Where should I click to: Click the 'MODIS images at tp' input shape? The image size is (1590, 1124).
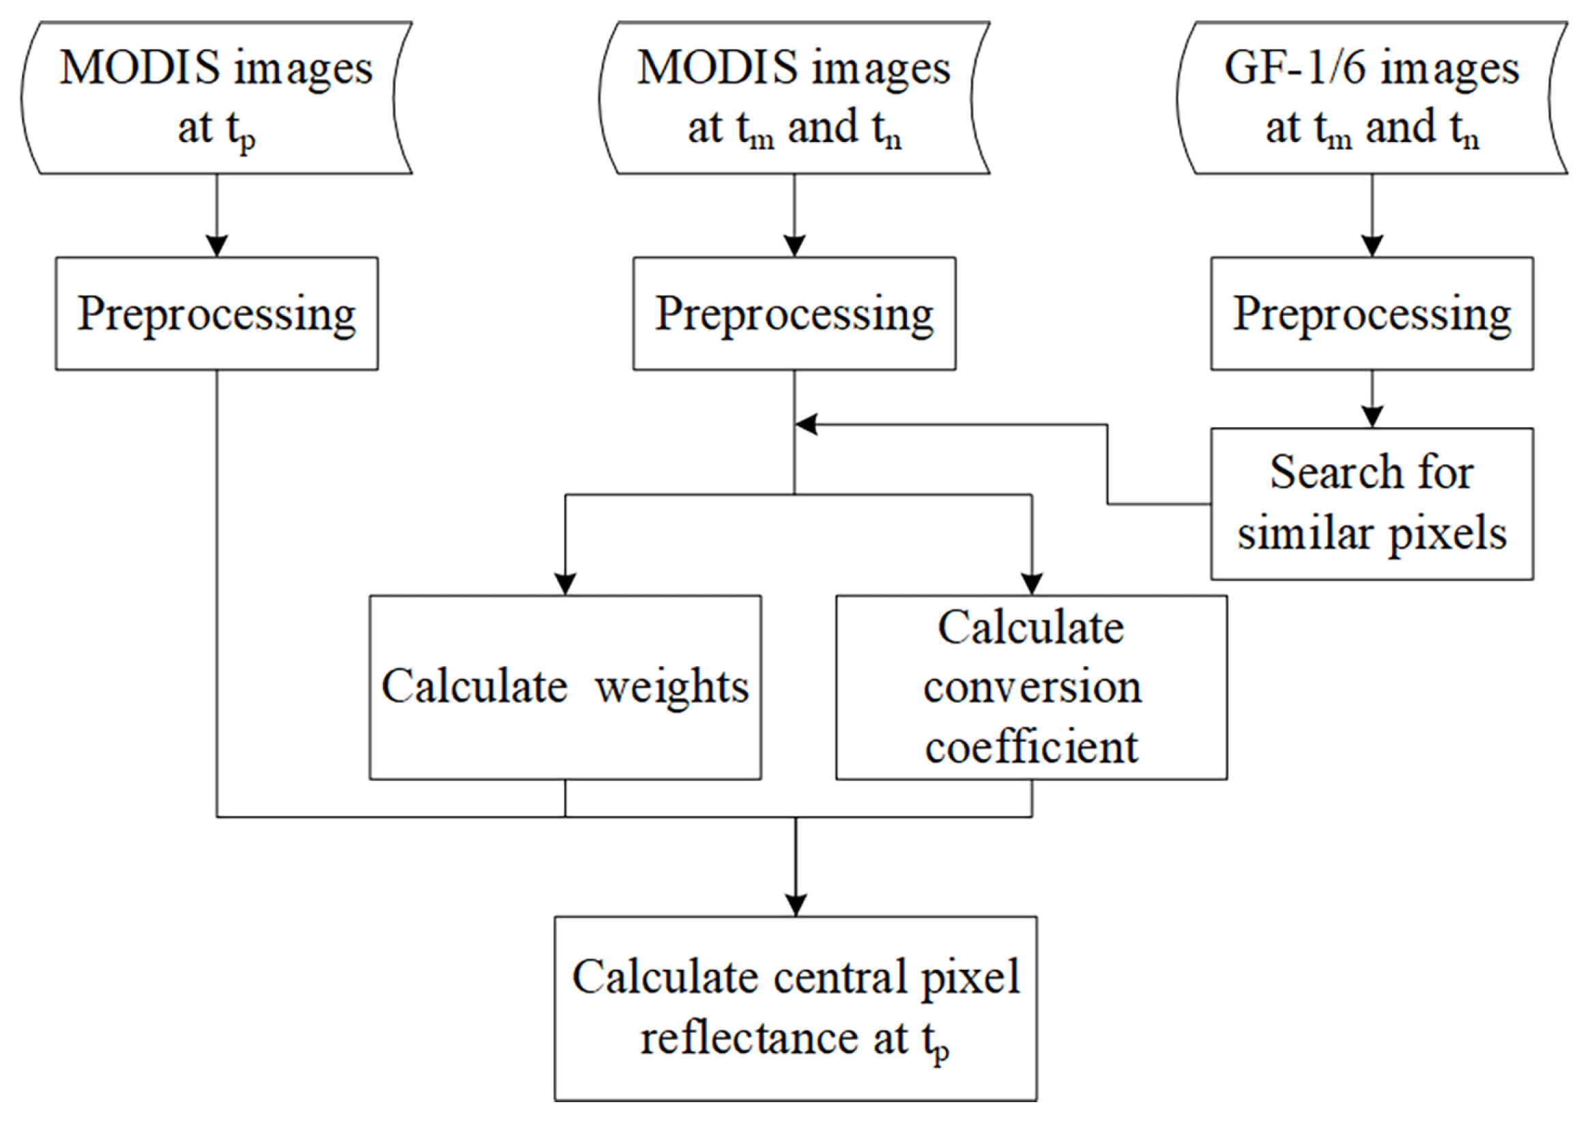coord(216,98)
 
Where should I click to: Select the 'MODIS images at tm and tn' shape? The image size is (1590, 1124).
coord(794,98)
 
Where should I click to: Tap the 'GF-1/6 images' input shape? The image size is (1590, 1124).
coord(1371,98)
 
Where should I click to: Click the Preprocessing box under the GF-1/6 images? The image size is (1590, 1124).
coord(1371,313)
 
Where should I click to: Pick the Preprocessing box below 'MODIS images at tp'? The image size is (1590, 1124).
coord(216,313)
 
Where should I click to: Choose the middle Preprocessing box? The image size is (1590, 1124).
coord(794,313)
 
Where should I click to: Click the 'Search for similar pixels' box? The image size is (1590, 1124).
coord(1371,504)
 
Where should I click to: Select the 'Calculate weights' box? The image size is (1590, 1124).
coord(565,687)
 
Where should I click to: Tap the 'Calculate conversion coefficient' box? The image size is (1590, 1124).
coord(1031,687)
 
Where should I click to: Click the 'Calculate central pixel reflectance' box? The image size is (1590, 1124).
coord(795,1009)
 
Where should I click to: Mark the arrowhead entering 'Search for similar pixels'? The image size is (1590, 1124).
coord(1372,418)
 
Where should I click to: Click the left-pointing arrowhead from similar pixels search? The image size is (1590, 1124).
coord(807,424)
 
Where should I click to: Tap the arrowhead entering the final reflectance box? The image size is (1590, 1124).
coord(796,906)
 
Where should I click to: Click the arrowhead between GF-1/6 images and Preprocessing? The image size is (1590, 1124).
coord(1372,246)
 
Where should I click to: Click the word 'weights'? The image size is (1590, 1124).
coord(671,687)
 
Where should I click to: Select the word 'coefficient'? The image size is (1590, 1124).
coord(1031,747)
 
